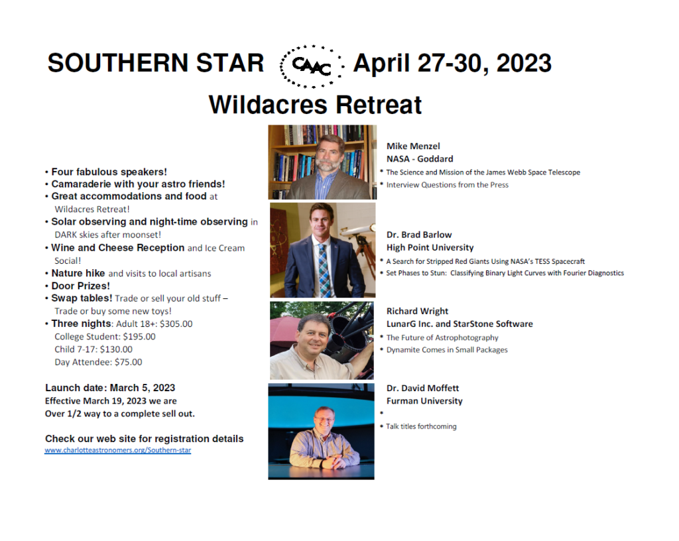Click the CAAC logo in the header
coord(312,66)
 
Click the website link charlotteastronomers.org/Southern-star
coord(118,450)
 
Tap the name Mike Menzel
coord(413,147)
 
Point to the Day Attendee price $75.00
coord(128,362)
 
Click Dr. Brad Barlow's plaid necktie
coord(324,269)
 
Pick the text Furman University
coord(424,400)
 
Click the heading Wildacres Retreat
coord(315,105)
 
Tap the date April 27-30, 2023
coord(452,63)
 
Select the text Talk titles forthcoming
coord(421,426)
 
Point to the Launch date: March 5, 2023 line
coord(110,388)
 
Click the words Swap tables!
coord(82,298)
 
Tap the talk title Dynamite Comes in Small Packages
coord(447,349)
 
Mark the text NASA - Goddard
coord(420,159)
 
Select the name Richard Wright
coord(417,311)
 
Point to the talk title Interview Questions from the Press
coord(448,185)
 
